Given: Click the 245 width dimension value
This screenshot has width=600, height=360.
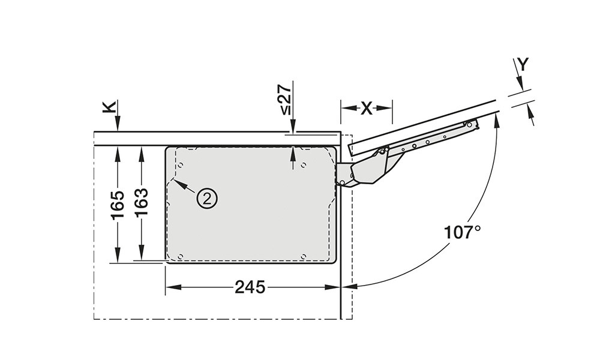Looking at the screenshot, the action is click(250, 287).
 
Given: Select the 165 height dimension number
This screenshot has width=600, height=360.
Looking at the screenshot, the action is click(118, 205).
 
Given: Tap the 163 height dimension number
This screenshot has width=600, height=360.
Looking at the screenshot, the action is click(142, 203).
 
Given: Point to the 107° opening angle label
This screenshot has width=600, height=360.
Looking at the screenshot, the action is click(462, 232).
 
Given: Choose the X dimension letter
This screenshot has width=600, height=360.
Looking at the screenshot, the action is click(366, 109).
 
